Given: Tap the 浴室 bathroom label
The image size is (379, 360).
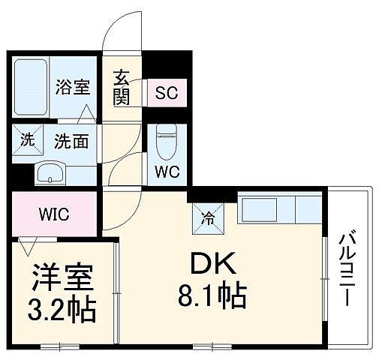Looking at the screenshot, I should tap(73, 87).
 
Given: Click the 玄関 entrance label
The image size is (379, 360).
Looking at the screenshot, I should tap(122, 87).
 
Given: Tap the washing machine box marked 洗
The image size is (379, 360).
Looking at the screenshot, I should tap(27, 139).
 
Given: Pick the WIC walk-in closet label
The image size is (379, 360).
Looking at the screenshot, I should tap(53, 214).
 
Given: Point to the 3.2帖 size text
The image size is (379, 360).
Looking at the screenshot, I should tap(63, 310).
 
